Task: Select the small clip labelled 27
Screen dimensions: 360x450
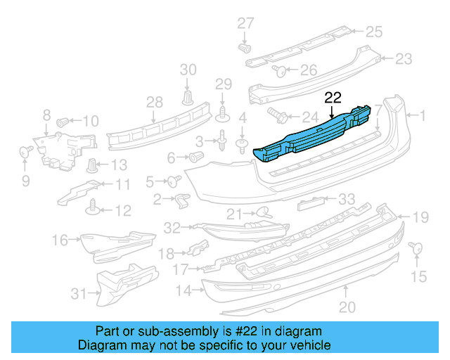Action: tap(245, 49)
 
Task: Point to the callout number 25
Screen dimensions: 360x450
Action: tap(373, 31)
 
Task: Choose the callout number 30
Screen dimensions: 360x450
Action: tap(188, 70)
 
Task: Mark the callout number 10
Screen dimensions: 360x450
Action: tap(91, 120)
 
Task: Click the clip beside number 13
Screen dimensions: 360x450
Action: tap(92, 167)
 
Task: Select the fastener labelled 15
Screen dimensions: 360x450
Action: tap(414, 247)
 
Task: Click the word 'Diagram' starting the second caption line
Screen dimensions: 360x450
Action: tap(100, 345)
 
